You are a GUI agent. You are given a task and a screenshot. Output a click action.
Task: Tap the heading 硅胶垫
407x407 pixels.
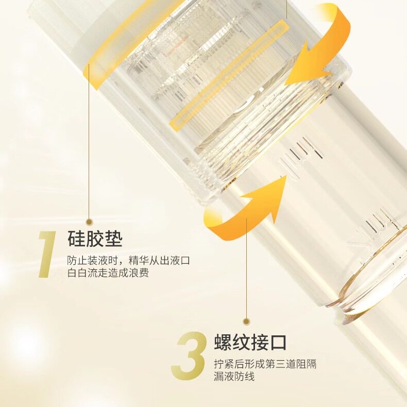(95, 239)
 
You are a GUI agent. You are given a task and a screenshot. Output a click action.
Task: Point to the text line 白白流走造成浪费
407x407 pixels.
(108, 274)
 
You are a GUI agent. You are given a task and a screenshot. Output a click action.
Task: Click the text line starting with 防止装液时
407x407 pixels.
(129, 261)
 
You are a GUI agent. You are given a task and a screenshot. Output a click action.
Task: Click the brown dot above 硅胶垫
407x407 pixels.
(89, 221)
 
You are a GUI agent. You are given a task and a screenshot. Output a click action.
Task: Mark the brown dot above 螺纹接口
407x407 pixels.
(246, 320)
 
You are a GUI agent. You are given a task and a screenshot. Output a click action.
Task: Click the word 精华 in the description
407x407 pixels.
(139, 261)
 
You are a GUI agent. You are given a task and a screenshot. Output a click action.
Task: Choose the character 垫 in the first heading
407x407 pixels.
(113, 239)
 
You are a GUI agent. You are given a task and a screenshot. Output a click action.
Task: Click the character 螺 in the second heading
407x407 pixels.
(223, 343)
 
